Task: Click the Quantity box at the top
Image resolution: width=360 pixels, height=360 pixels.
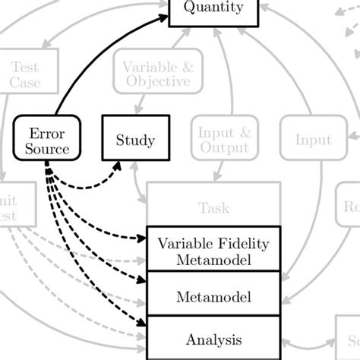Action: [x=214, y=10]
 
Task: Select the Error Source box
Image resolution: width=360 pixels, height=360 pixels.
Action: [x=46, y=139]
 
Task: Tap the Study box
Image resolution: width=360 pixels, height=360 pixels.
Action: [x=135, y=140]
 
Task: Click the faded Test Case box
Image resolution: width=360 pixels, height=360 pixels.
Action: [x=25, y=74]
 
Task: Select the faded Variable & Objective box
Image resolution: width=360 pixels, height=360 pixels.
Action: [x=157, y=74]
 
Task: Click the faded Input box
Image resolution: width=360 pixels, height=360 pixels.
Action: [x=313, y=140]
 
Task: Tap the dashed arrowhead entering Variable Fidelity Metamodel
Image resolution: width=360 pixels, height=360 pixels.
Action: [x=141, y=238]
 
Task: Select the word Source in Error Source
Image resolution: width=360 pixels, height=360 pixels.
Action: [x=46, y=148]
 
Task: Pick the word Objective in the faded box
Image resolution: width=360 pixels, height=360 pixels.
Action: [x=157, y=82]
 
